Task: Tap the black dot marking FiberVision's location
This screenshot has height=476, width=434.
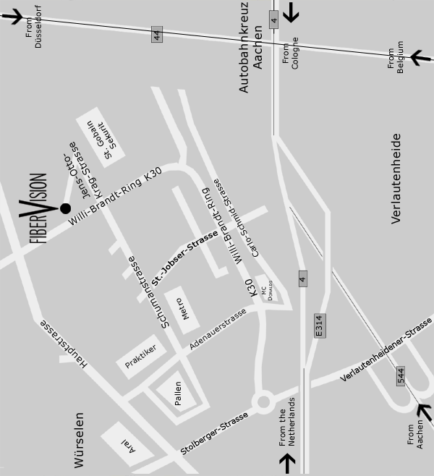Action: point(65,208)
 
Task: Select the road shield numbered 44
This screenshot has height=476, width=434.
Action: point(156,35)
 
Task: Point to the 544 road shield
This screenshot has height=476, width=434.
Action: point(400,376)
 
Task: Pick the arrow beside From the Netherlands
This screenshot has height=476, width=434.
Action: point(288,461)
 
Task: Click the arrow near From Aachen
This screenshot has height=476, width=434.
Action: point(420,411)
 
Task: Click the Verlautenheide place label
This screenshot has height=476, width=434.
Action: point(396,178)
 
